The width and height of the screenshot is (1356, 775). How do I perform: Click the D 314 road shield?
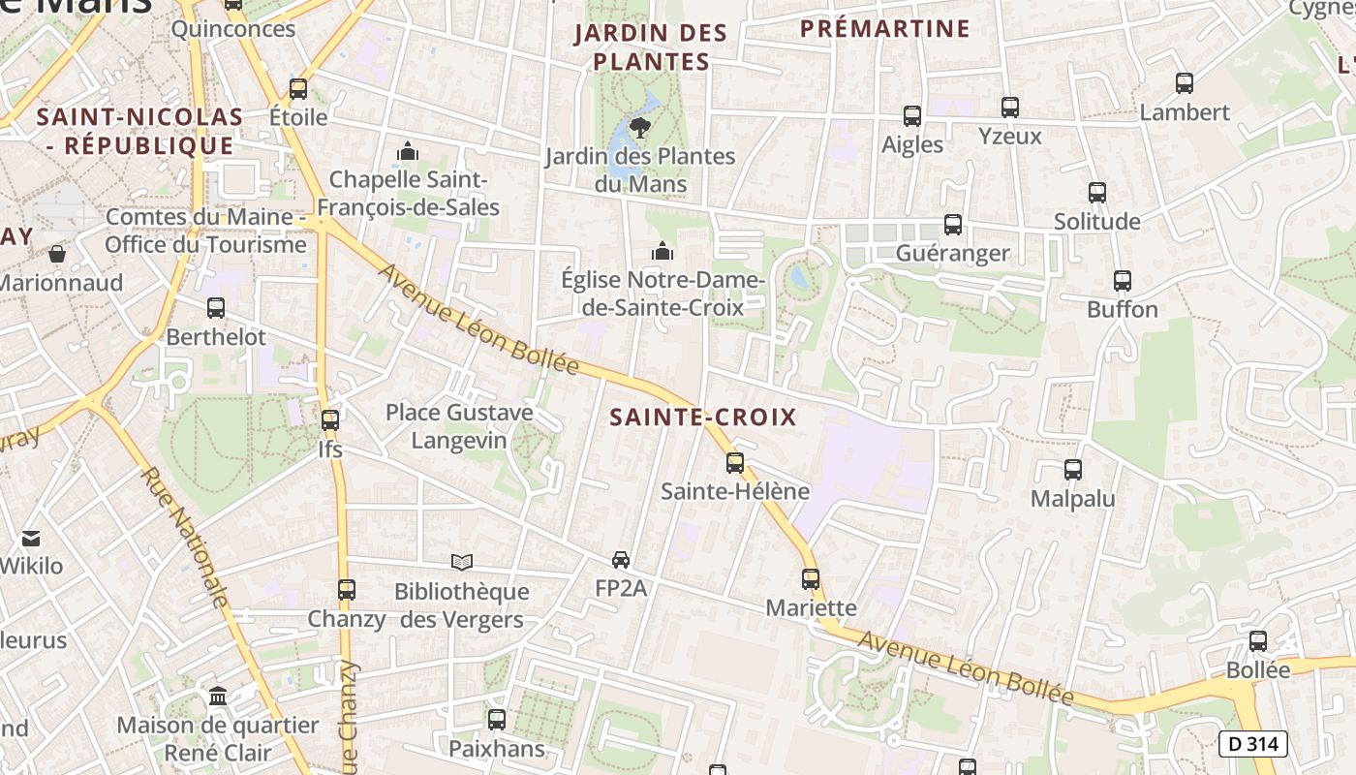(x=1252, y=744)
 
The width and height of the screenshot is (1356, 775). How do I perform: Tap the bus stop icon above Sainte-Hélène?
(x=735, y=463)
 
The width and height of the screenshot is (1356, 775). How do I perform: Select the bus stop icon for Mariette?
(x=811, y=579)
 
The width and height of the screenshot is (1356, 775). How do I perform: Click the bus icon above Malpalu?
(x=1072, y=470)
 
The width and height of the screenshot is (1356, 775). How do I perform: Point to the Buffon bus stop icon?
(x=1123, y=281)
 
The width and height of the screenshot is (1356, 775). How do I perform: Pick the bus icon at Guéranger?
(x=953, y=225)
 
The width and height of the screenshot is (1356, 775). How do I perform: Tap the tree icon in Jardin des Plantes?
(x=639, y=126)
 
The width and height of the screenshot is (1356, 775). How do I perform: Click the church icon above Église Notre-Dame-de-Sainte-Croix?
(x=663, y=252)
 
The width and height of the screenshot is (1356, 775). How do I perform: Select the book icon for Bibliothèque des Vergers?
(x=462, y=562)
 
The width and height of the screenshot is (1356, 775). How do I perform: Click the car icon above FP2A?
(x=621, y=559)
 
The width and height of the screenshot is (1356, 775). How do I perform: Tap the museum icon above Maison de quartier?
(x=218, y=697)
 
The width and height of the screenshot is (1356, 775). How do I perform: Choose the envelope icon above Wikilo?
(x=32, y=538)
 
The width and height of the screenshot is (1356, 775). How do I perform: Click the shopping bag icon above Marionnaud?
(x=57, y=254)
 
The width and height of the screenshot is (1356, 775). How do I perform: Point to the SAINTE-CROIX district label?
(x=703, y=418)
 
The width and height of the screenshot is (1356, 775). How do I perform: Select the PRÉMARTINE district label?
(x=884, y=29)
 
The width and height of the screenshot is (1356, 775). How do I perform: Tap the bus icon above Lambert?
(x=1184, y=83)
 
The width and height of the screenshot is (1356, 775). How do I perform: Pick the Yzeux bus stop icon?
(x=1010, y=107)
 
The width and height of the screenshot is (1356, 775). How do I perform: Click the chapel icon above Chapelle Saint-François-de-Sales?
(x=408, y=152)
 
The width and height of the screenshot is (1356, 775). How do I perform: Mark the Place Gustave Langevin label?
(x=459, y=425)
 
